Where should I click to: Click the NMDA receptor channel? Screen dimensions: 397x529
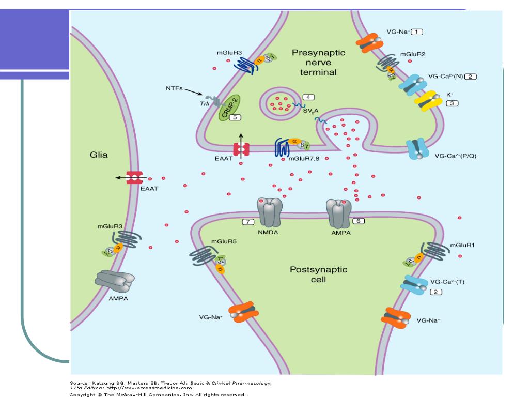coord(269,211)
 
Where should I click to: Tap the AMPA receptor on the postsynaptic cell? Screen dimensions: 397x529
coord(338,212)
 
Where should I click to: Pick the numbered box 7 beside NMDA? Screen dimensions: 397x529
coord(248,222)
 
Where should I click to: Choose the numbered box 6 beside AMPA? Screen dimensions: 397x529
coord(358,221)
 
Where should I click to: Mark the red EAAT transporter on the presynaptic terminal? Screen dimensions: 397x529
coord(241,149)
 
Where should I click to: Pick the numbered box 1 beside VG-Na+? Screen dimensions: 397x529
coord(416,32)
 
